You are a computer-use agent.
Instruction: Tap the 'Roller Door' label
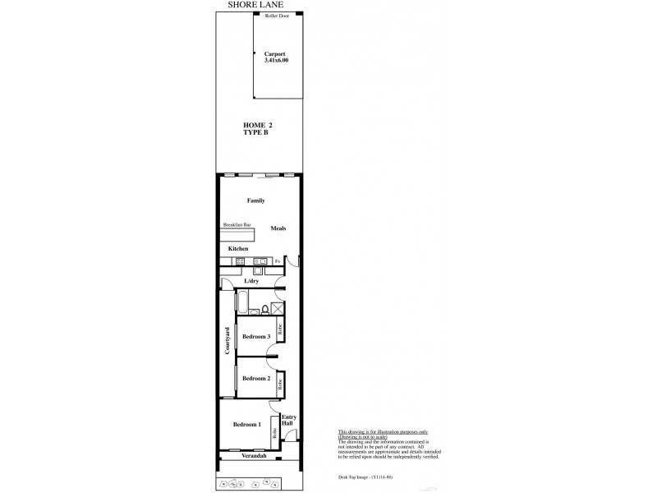278,16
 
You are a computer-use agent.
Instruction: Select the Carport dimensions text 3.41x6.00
276,60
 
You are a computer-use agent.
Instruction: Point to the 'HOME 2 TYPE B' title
257,128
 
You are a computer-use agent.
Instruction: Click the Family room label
255,200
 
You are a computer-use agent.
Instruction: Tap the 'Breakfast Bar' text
236,224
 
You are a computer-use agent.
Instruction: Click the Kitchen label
238,248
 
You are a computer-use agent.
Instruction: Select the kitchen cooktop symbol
240,262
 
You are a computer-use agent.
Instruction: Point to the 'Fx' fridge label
278,262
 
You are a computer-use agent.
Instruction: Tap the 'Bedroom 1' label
246,424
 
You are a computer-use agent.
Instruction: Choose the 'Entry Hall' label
289,420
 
